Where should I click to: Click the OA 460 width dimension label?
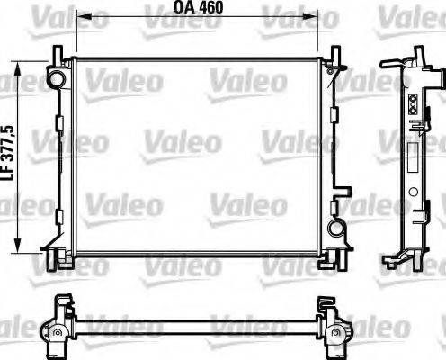point(197,8)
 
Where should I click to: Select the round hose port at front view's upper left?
point(58,79)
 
